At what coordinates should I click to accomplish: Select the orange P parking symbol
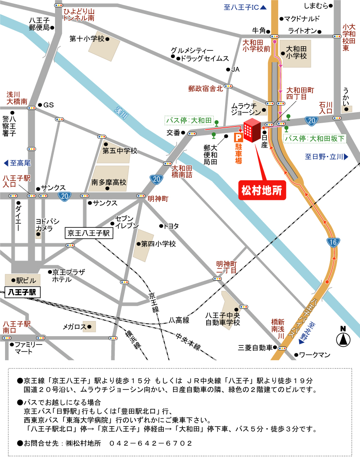[x=238, y=137]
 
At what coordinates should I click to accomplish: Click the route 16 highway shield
[x=332, y=242]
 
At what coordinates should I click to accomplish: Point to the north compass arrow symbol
[x=343, y=337]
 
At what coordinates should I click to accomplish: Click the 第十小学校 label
[x=87, y=39]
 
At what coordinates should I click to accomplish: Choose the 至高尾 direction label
[x=18, y=163]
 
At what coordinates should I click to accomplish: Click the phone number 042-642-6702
[x=150, y=443]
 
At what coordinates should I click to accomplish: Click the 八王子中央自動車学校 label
[x=222, y=319]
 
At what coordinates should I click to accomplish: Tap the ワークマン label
[x=315, y=355]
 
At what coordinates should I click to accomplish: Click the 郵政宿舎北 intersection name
[x=205, y=89]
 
